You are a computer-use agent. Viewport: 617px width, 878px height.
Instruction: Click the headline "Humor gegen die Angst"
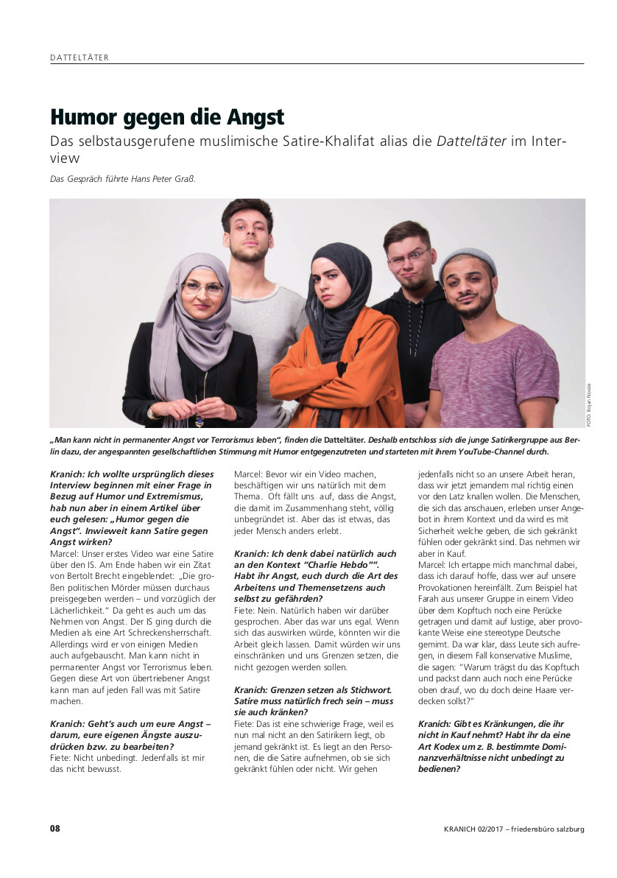[x=167, y=117]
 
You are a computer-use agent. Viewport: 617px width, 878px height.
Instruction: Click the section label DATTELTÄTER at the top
[x=80, y=57]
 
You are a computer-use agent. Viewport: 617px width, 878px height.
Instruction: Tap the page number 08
[x=55, y=829]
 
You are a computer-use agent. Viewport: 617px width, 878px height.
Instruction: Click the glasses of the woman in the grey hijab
[x=202, y=288]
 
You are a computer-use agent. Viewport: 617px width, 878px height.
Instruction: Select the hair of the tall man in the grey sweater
[x=247, y=211]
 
